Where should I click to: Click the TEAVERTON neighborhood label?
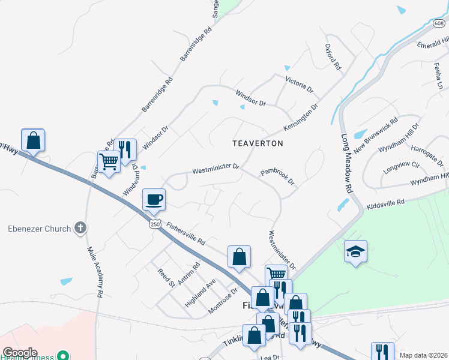(x=258, y=144)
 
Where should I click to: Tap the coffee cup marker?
(x=154, y=199)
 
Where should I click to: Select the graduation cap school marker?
(x=355, y=252)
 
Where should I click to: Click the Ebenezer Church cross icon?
(x=80, y=228)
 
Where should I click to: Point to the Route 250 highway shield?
(x=154, y=223)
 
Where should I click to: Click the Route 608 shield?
(x=439, y=23)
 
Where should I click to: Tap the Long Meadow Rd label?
(x=345, y=163)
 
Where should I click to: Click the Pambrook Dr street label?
(x=278, y=176)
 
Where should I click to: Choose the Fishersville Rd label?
(x=187, y=234)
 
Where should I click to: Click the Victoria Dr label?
(x=299, y=84)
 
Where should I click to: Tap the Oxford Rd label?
(x=333, y=57)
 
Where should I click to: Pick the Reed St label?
(x=166, y=277)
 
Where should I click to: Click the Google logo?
(x=20, y=353)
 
